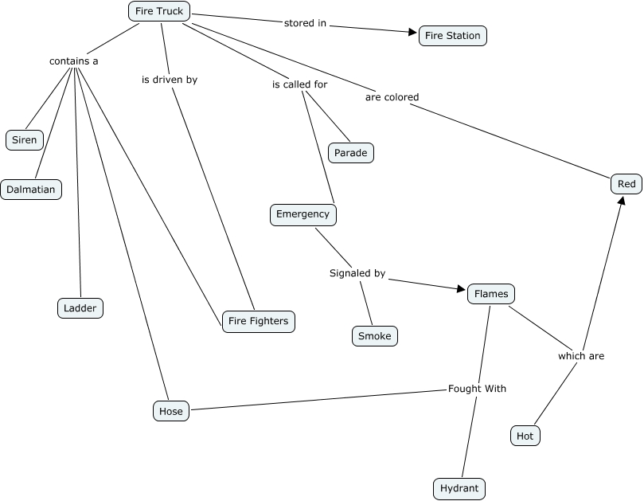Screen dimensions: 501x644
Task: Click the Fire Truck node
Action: coord(159,11)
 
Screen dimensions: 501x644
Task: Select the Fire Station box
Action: coord(452,36)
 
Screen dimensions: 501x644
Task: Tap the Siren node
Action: coord(24,140)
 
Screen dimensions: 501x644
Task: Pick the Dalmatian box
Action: coord(31,190)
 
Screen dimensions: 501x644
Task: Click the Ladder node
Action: coord(80,308)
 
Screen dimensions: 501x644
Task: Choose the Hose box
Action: coord(171,412)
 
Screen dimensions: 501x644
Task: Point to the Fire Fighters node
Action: coord(259,322)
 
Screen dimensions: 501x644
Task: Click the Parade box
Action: coord(351,153)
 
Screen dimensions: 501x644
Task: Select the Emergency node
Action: coord(302,214)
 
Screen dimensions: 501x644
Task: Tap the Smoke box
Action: coord(374,336)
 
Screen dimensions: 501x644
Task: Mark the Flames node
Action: coord(490,294)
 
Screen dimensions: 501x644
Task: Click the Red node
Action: coord(626,184)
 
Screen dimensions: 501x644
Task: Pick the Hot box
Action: coord(525,436)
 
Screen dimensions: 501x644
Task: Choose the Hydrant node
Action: coord(459,488)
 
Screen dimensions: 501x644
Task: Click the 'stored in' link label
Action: coord(305,23)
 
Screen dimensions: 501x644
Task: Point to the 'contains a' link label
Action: coord(73,61)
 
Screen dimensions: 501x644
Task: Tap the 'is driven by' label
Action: coord(170,80)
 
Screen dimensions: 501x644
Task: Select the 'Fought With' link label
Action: coord(477,389)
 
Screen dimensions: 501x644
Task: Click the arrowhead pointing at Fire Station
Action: coord(413,33)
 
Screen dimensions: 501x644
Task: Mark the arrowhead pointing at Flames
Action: coord(461,290)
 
